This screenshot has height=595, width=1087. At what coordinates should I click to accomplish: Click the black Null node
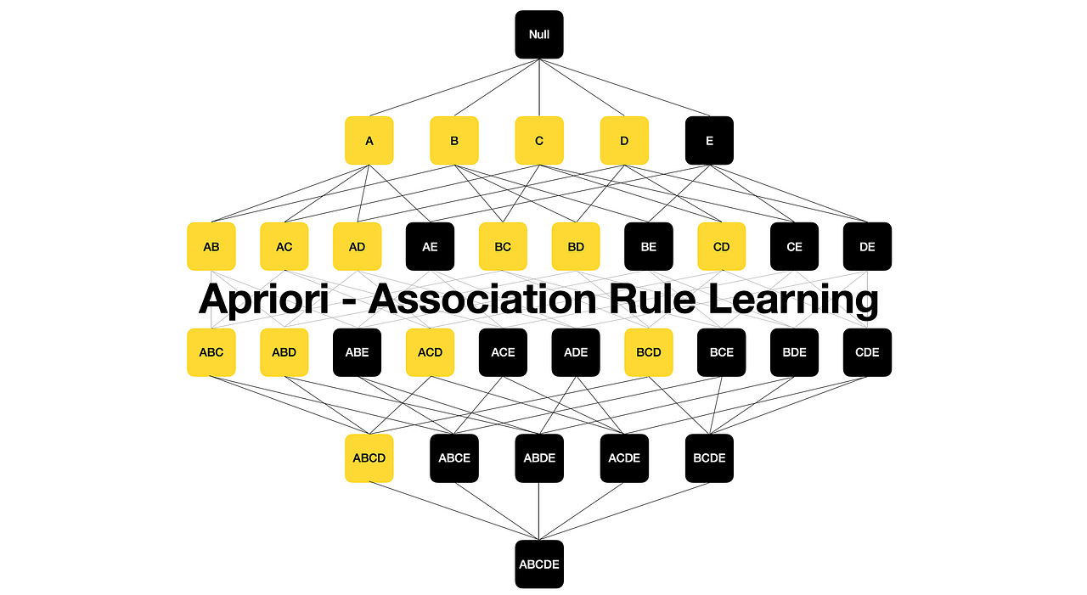coord(539,35)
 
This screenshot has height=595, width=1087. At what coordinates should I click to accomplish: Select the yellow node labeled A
coord(369,141)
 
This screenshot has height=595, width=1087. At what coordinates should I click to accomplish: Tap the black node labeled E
coord(709,141)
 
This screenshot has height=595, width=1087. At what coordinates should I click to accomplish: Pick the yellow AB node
coord(211,247)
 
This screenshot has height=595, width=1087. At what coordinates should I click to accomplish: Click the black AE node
coord(430,247)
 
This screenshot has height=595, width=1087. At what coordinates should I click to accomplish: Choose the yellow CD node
coord(722,247)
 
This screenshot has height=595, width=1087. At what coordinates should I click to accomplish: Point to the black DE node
coord(867,247)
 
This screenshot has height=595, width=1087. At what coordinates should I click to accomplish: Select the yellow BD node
coord(576,247)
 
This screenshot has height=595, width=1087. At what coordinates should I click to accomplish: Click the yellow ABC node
coord(211,352)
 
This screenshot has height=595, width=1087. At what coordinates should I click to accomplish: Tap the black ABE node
coord(357,352)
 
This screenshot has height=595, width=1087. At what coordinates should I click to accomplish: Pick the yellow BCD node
coord(649,352)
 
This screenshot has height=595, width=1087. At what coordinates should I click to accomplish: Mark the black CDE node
coord(867,352)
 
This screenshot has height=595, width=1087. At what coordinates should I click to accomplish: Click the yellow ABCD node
coord(369,458)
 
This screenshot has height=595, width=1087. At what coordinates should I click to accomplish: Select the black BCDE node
coord(709,458)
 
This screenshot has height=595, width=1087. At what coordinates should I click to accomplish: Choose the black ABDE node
coord(539,458)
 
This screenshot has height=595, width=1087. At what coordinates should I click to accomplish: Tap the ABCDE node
coord(539,564)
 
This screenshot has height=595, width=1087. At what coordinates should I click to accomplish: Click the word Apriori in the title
coord(267,300)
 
